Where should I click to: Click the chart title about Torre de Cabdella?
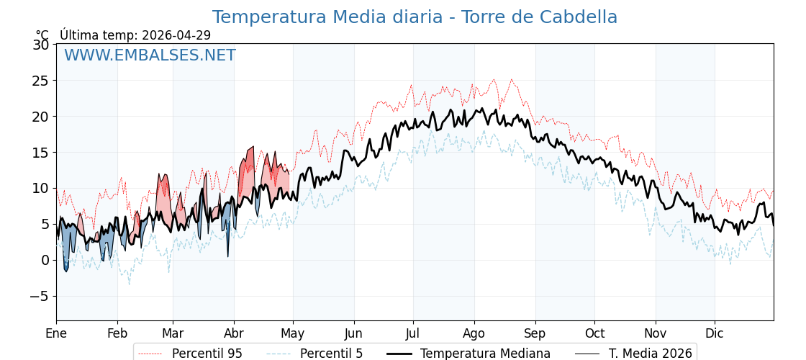pyautogui.click(x=415, y=17)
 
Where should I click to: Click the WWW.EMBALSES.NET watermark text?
pyautogui.click(x=150, y=55)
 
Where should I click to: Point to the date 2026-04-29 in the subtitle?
pyautogui.click(x=176, y=35)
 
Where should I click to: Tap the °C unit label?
pyautogui.click(x=42, y=35)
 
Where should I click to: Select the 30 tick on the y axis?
pyautogui.click(x=41, y=45)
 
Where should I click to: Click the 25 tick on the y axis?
pyautogui.click(x=41, y=81)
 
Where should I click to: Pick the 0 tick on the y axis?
pyautogui.click(x=45, y=260)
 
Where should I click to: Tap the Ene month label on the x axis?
pyautogui.click(x=56, y=333)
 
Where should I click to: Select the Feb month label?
pyautogui.click(x=117, y=333)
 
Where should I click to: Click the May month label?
pyautogui.click(x=293, y=333)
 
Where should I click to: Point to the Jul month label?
pyautogui.click(x=413, y=333)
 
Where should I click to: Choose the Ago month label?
pyautogui.click(x=474, y=333)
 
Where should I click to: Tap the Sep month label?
pyautogui.click(x=535, y=333)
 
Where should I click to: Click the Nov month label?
pyautogui.click(x=656, y=333)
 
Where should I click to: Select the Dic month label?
pyautogui.click(x=715, y=333)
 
